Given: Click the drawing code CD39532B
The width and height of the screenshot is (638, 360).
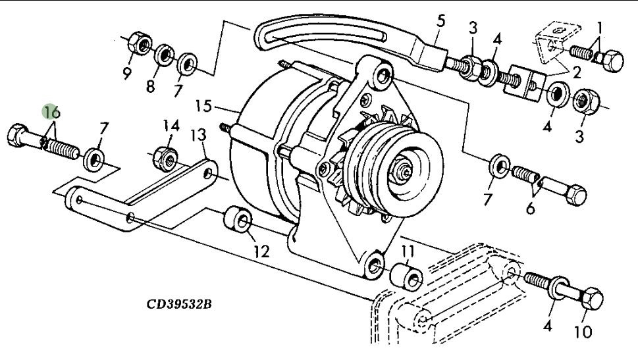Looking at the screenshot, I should pyautogui.click(x=179, y=304).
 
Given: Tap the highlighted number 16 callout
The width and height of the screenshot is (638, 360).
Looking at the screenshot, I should pyautogui.click(x=52, y=113).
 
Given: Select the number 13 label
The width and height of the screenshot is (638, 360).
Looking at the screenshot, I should pyautogui.click(x=198, y=136).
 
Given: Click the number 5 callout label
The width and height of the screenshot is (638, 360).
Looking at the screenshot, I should pyautogui.click(x=440, y=21).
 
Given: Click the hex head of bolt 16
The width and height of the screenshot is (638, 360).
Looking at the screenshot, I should pyautogui.click(x=19, y=137).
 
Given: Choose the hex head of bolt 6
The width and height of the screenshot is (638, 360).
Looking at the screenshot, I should pyautogui.click(x=574, y=193).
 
